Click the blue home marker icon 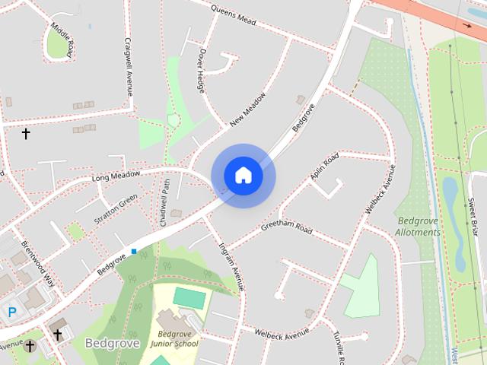click(243, 176)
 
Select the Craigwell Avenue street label click(129, 68)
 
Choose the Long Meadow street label click(116, 176)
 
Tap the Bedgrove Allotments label click(418, 227)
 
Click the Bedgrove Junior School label click(173, 338)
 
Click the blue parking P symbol click(11, 311)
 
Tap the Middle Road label click(62, 40)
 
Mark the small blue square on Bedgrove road click(134, 251)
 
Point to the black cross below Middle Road click(25, 134)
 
